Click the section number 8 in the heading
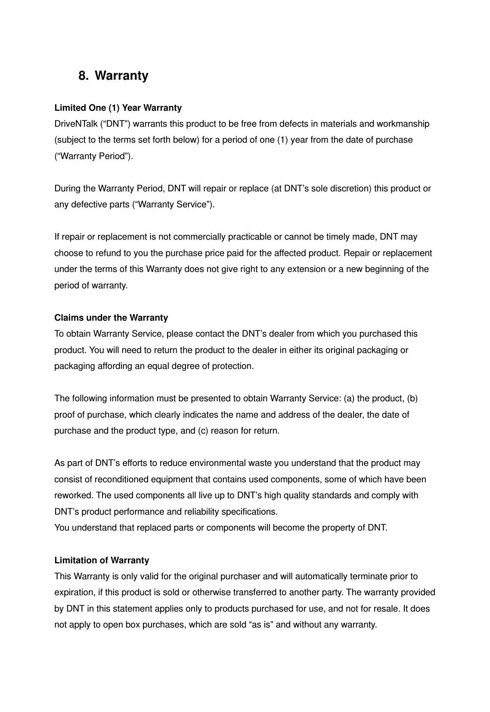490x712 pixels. click(x=82, y=76)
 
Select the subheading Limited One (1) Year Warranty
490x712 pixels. click(x=118, y=108)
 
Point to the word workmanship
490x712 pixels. click(x=403, y=124)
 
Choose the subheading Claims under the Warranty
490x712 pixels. click(x=111, y=318)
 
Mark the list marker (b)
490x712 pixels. click(x=412, y=399)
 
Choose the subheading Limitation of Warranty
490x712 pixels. click(x=102, y=561)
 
